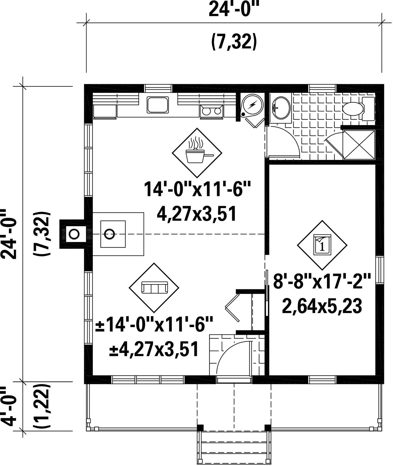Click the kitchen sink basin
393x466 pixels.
(x=158, y=105)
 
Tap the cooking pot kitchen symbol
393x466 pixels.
(x=197, y=153)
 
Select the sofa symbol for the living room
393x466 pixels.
(x=154, y=288)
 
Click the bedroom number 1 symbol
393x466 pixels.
(x=322, y=245)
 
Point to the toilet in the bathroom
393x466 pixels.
(x=359, y=109)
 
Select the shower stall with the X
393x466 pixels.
(x=359, y=144)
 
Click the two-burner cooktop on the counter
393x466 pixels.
(x=211, y=112)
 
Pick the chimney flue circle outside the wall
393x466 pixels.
(x=74, y=234)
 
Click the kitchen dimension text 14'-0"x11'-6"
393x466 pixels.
(x=197, y=190)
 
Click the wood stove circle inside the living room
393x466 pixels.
(x=110, y=234)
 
